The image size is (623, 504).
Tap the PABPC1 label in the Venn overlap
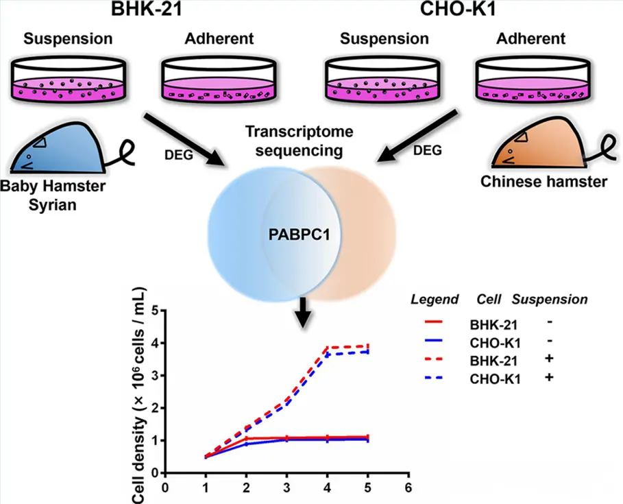pos(300,235)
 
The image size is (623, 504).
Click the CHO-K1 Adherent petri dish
pos(533,80)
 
